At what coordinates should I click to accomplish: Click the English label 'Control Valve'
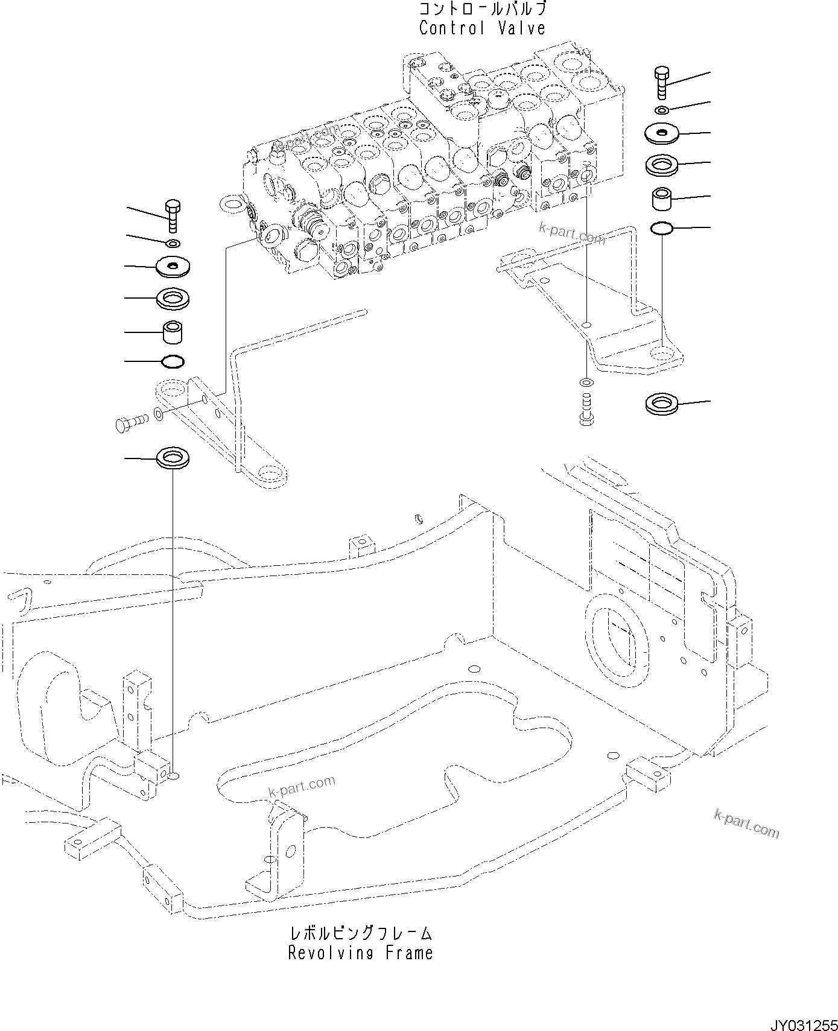pyautogui.click(x=482, y=28)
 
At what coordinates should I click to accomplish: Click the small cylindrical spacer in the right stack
pyautogui.click(x=662, y=199)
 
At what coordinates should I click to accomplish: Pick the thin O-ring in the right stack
pyautogui.click(x=662, y=228)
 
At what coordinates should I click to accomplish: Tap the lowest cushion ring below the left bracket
pyautogui.click(x=173, y=457)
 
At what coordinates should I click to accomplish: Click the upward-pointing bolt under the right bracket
pyautogui.click(x=586, y=410)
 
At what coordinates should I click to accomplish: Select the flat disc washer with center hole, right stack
pyautogui.click(x=662, y=133)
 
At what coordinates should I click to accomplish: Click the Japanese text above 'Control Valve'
pyautogui.click(x=482, y=10)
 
